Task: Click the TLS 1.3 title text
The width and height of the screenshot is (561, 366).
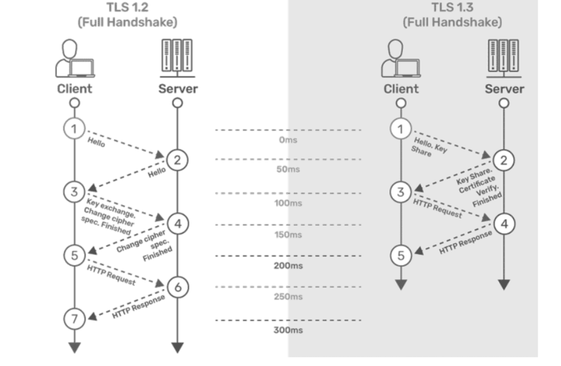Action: pos(452,8)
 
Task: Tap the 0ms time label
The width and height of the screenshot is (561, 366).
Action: pos(288,140)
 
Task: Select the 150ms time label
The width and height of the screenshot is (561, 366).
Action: pos(288,234)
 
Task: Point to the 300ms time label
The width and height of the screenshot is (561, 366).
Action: pos(288,330)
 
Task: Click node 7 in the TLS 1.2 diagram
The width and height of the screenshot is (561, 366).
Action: pos(74,319)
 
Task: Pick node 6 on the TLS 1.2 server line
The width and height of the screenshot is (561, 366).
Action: pos(177,287)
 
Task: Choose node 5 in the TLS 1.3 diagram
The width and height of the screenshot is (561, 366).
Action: pos(401,256)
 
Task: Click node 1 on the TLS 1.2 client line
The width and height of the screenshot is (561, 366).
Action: pos(74,129)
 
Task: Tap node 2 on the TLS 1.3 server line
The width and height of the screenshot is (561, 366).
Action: pos(504,161)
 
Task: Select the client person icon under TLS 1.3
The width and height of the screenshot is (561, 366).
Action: pos(401,57)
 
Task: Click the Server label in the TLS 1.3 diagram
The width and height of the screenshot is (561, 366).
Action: pos(504,89)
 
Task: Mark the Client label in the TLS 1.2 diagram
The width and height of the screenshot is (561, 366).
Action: pos(74,89)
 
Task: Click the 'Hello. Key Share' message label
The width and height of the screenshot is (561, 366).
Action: pos(427,147)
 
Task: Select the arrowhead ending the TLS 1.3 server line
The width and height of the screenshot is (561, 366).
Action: pos(504,284)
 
